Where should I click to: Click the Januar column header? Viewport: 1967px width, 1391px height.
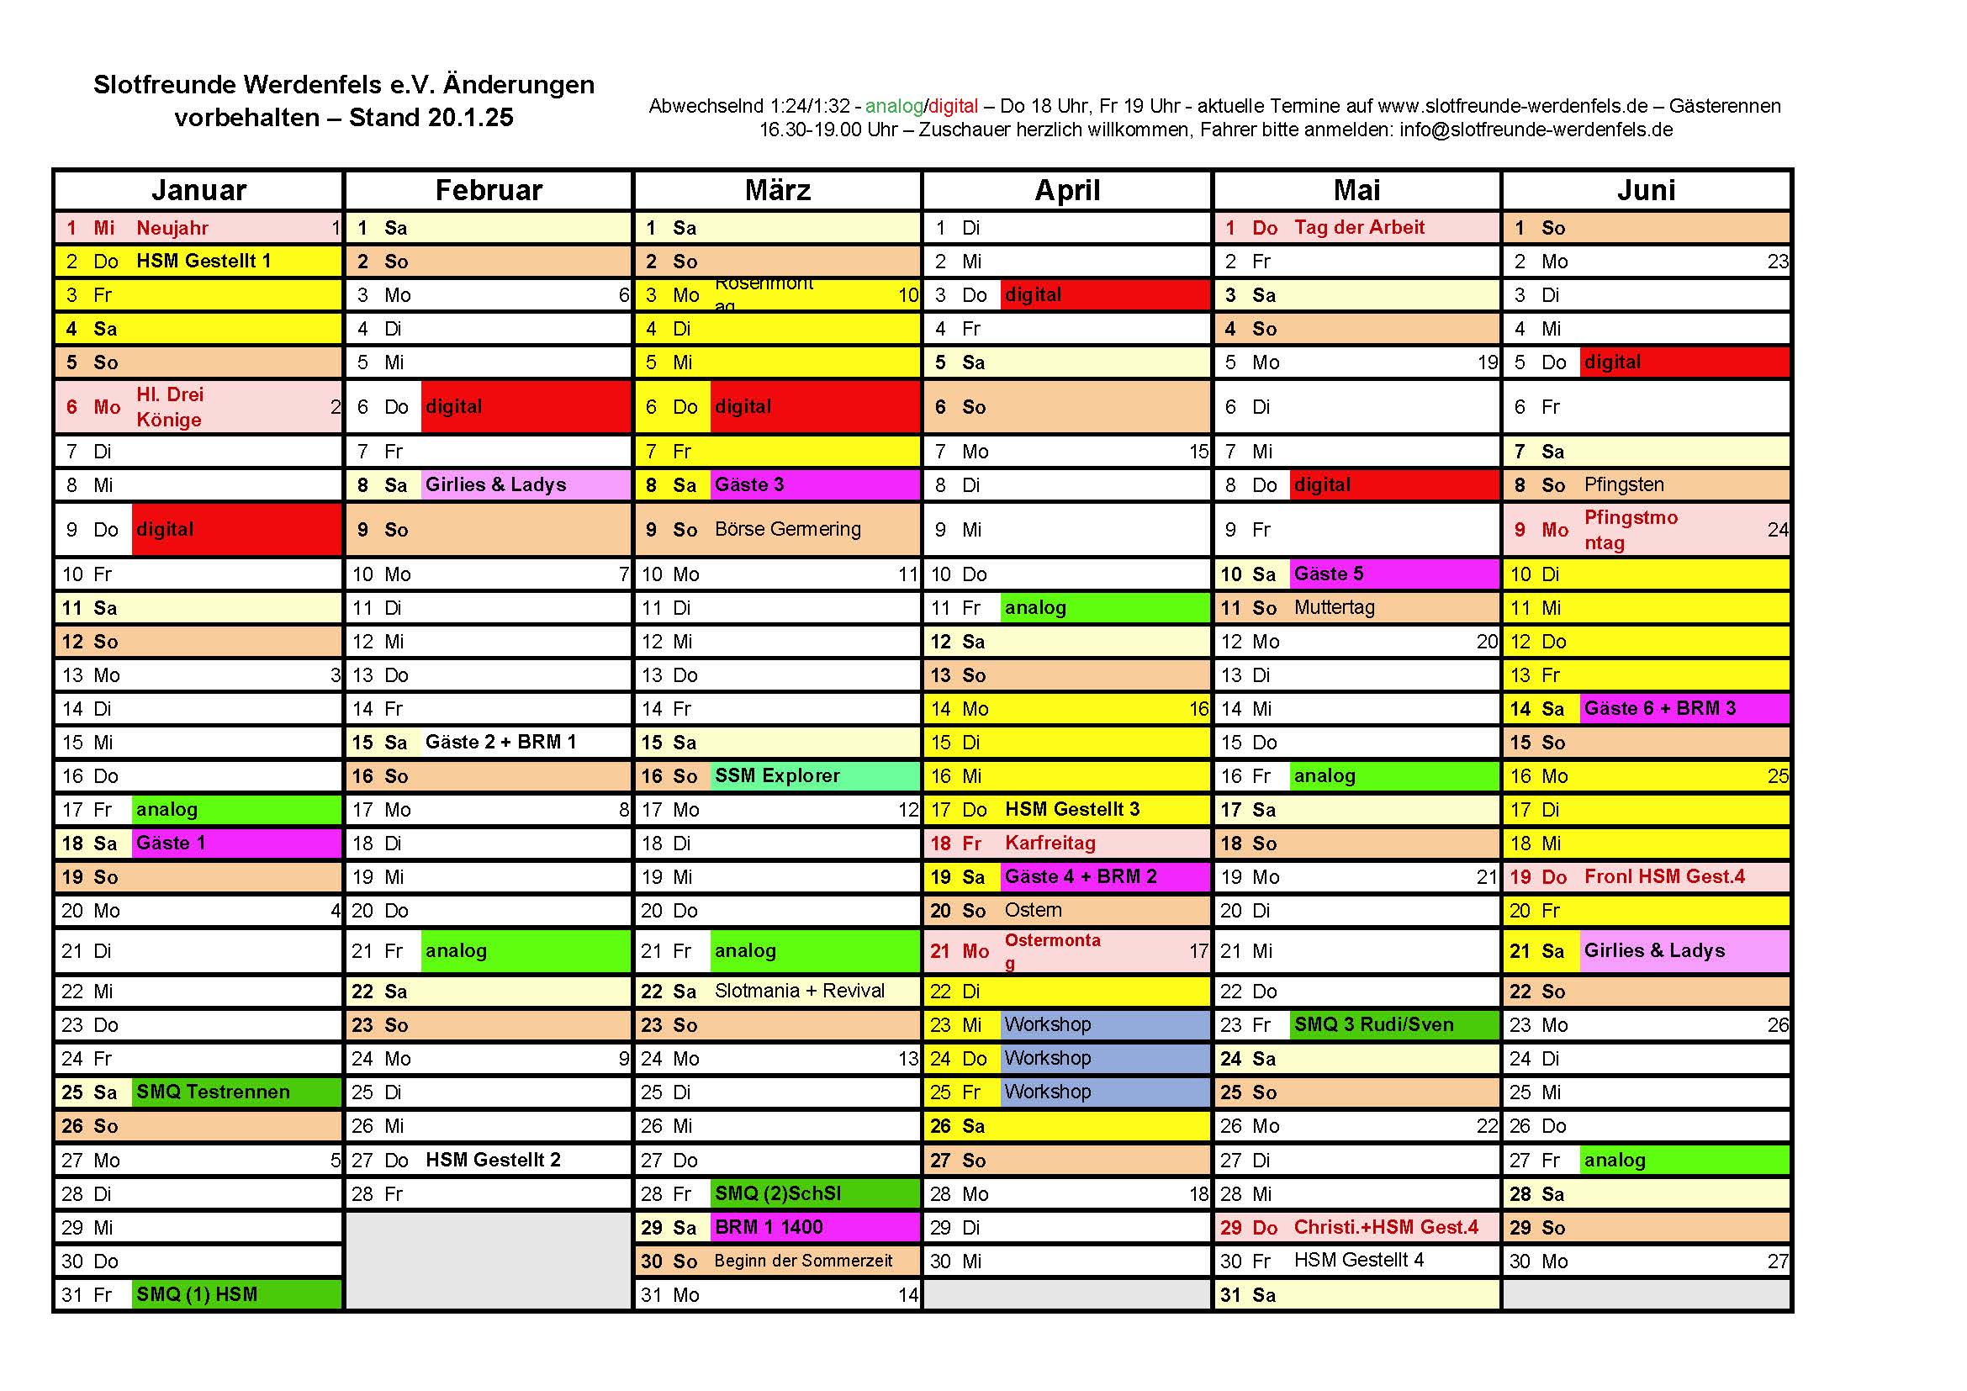click(x=198, y=190)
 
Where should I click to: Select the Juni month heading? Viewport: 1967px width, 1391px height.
click(x=1646, y=190)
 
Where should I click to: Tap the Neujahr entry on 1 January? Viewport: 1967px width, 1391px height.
click(x=172, y=228)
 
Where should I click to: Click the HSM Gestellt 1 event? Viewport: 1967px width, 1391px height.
click(x=204, y=262)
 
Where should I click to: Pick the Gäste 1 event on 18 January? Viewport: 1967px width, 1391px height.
click(x=172, y=844)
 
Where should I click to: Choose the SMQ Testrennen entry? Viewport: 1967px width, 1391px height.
click(x=214, y=1092)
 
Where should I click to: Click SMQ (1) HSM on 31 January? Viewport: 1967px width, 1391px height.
click(x=197, y=1294)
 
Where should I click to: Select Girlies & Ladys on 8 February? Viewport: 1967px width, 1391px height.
click(x=496, y=484)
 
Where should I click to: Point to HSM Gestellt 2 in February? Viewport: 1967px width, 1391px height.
click(x=494, y=1160)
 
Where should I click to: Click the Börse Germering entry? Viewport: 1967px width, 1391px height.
click(x=788, y=529)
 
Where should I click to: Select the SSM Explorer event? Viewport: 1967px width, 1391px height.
click(x=778, y=776)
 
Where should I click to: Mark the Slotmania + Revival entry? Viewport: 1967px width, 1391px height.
click(x=799, y=991)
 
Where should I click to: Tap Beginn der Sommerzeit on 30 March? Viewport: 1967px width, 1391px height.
click(x=804, y=1261)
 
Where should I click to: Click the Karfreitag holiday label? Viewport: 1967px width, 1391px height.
click(x=1050, y=844)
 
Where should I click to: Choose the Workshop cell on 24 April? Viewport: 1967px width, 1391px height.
click(x=1049, y=1059)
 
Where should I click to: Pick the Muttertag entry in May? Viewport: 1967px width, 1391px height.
click(x=1335, y=608)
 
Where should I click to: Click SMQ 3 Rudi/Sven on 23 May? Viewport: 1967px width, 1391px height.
click(x=1374, y=1025)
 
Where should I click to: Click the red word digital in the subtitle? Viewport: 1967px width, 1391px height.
click(x=954, y=106)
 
